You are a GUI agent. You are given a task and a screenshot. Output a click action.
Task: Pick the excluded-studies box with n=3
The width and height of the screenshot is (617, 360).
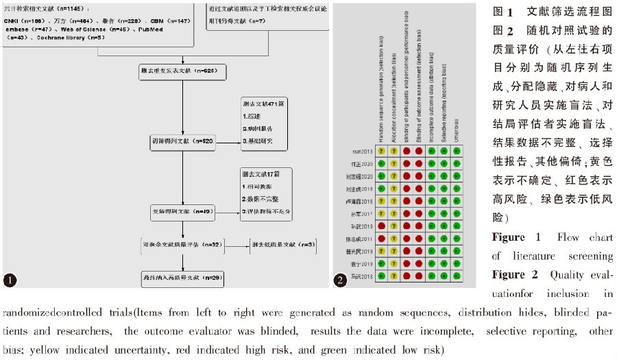click(x=278, y=244)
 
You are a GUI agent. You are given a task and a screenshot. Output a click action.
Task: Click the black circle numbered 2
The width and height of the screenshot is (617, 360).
click(x=341, y=280)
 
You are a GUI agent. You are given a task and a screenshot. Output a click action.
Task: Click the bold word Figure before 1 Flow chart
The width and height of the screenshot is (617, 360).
click(x=508, y=237)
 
